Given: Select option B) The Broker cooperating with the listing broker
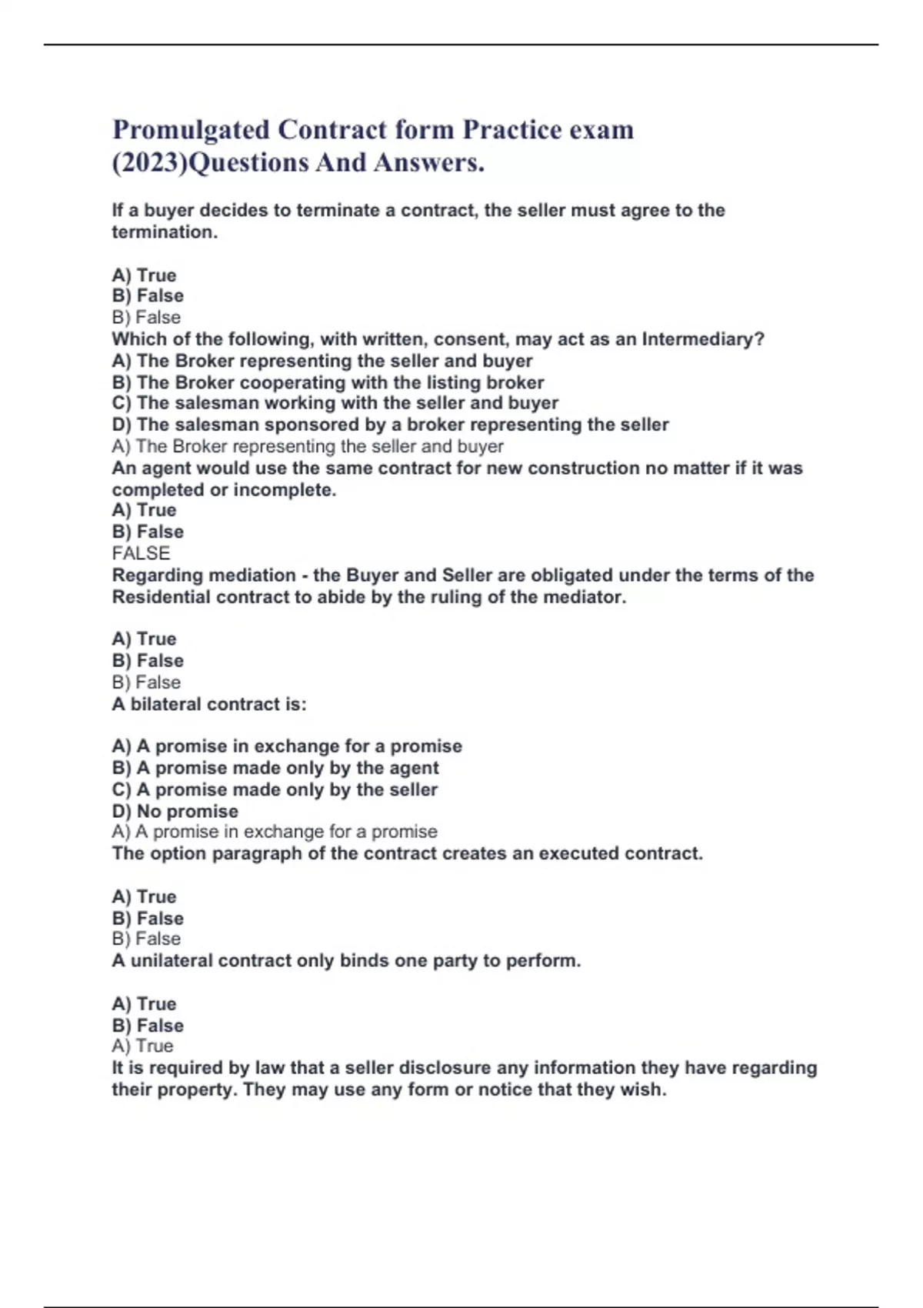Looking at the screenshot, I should coord(328,382).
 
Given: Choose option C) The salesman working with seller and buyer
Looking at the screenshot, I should coord(335,403).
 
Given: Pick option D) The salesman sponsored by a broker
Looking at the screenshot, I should coord(390,425).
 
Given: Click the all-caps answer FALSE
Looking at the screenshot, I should coord(141,553).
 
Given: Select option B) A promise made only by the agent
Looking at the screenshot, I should coord(275,768).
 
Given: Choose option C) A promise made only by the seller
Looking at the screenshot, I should coord(275,789).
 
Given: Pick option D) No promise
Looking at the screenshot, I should coord(175,811).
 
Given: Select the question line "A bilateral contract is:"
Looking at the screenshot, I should coord(209,704).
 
